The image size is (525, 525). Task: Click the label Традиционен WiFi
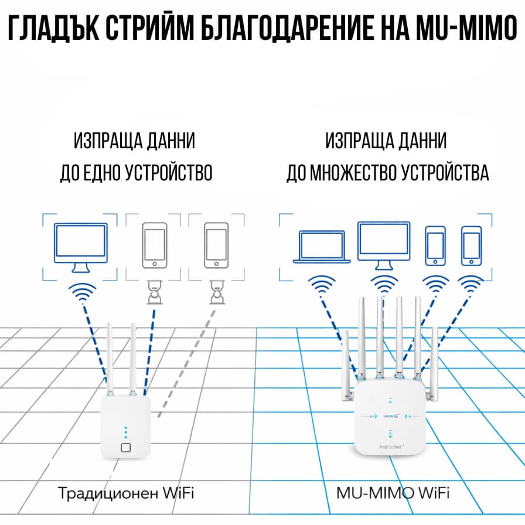click(125, 492)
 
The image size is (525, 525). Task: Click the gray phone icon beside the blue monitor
click(155, 244)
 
